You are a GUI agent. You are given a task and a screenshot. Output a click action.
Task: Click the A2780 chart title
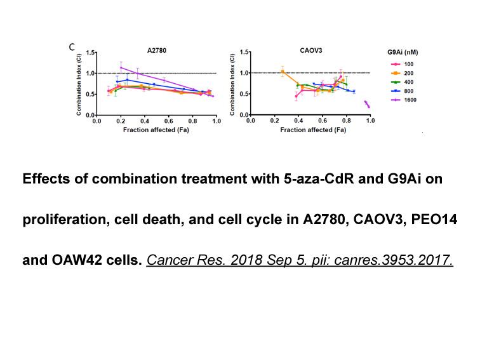coord(157,51)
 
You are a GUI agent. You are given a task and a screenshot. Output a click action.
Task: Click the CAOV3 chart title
coord(311,51)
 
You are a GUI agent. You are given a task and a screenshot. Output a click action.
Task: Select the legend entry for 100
coord(402,64)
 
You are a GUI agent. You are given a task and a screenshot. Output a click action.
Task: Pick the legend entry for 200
coord(402,73)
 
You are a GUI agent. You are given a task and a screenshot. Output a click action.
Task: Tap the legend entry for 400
coord(402,82)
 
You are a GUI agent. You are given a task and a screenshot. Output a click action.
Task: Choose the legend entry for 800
coord(402,91)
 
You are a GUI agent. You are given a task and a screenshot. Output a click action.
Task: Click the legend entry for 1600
coord(403,100)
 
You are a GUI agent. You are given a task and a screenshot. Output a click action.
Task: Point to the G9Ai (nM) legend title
coord(403,52)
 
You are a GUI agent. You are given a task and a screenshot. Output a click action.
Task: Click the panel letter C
coord(72,47)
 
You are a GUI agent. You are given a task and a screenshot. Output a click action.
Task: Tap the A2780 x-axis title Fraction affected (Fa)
coord(156,130)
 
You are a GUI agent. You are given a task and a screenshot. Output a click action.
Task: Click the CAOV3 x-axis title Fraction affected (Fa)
coord(313,130)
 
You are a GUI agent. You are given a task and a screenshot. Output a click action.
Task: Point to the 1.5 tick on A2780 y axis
coord(90,53)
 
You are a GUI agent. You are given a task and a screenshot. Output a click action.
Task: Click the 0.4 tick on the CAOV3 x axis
coord(298,121)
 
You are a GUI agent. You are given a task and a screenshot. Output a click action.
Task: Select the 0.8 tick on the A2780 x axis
coord(192,121)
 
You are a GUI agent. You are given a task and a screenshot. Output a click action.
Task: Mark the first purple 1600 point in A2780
coord(121,68)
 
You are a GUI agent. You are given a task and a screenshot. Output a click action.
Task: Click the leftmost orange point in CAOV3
coord(283,72)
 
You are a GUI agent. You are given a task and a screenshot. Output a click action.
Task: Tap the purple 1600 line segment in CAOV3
coord(367,104)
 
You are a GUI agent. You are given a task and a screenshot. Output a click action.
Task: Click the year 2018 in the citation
coord(246,260)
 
